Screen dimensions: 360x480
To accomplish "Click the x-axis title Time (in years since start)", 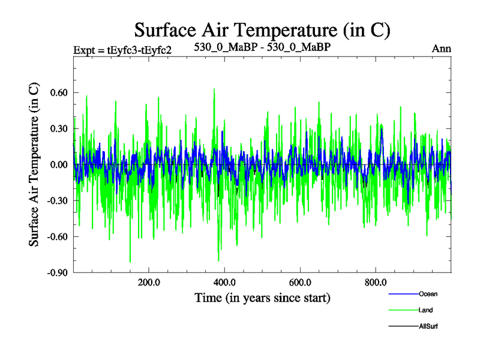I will click(x=262, y=298).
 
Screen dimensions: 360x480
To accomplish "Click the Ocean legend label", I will click(x=428, y=293).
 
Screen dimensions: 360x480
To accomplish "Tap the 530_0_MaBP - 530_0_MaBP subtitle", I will click(x=262, y=46).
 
